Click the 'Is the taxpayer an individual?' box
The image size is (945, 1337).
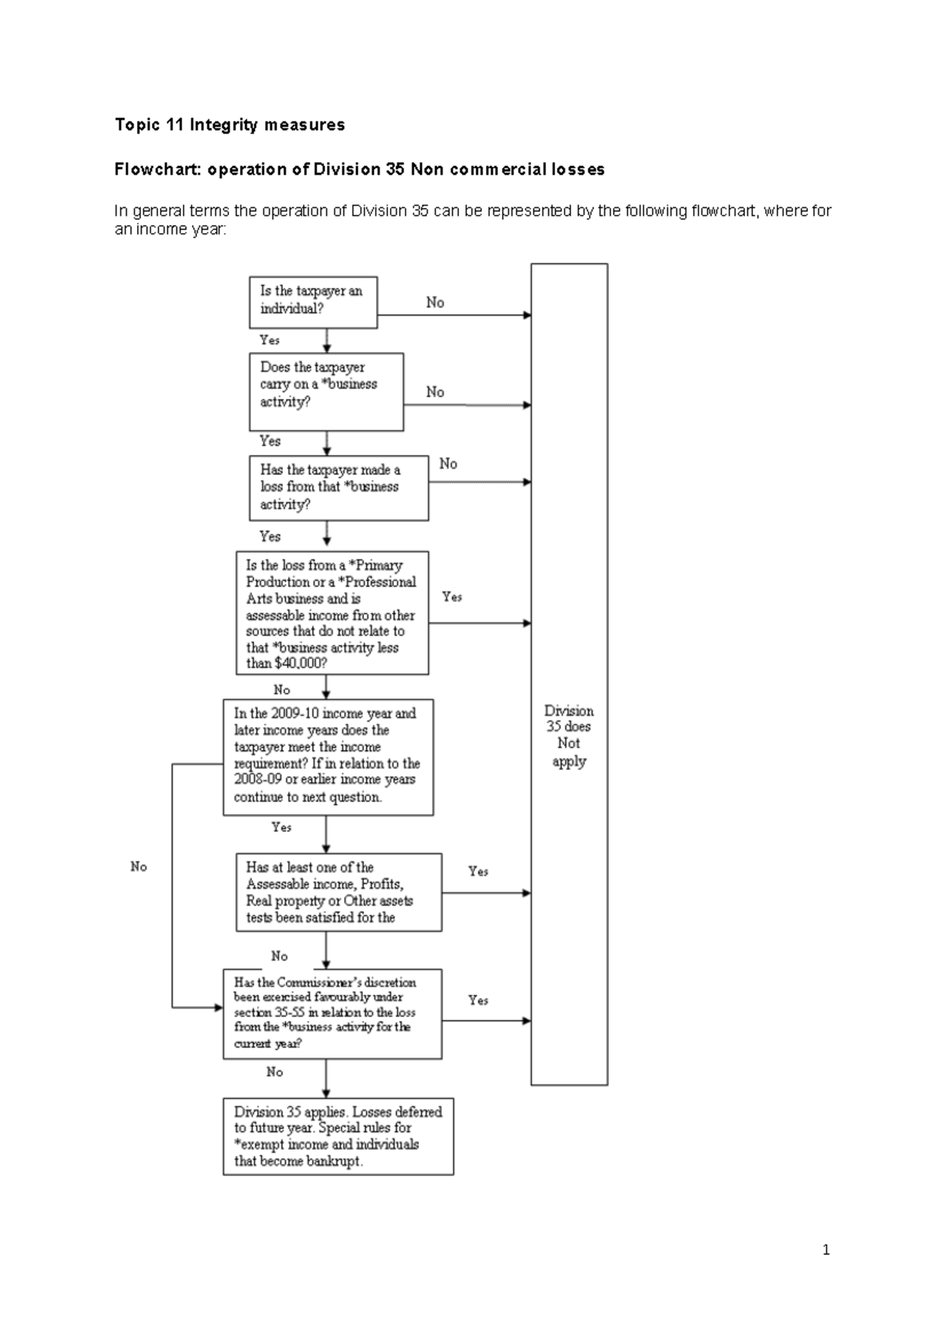click(313, 302)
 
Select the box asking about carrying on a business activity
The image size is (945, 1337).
click(325, 391)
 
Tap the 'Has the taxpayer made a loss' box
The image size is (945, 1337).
click(339, 487)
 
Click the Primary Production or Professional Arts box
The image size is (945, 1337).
click(332, 613)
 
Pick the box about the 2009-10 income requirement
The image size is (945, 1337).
click(328, 757)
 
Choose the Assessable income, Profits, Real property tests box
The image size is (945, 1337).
click(339, 892)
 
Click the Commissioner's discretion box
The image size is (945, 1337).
click(332, 1013)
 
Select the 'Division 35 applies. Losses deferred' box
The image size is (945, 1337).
click(338, 1136)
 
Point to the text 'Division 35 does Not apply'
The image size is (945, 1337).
click(569, 735)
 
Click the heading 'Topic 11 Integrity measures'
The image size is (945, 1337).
click(229, 124)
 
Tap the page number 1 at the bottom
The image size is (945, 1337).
click(825, 1250)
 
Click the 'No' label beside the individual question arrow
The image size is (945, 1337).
click(435, 302)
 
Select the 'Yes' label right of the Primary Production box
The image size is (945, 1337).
click(452, 597)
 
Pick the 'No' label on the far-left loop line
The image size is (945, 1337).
click(139, 866)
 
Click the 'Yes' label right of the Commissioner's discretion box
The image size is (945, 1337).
click(478, 1000)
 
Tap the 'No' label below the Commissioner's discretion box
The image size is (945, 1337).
click(274, 1072)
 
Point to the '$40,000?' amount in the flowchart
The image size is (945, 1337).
click(300, 664)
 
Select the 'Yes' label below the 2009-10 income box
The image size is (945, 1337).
click(281, 827)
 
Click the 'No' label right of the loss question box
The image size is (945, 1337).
click(448, 464)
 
